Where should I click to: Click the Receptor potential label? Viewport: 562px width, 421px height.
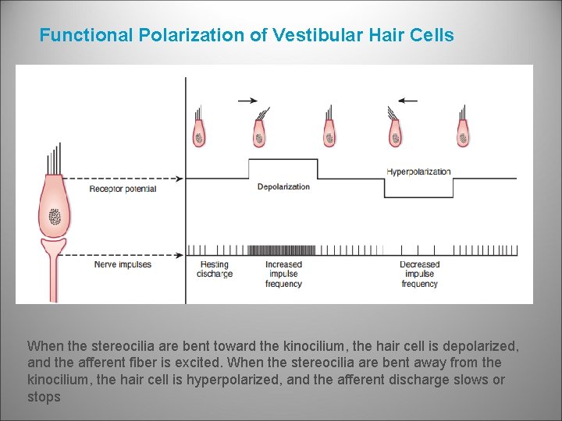point(123,189)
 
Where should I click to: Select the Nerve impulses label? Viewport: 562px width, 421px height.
point(123,264)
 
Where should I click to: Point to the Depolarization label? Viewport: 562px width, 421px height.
point(283,186)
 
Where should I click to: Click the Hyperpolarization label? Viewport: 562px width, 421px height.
point(418,172)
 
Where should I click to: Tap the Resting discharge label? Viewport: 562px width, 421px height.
point(215,269)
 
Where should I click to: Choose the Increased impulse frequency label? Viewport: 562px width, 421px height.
point(283,274)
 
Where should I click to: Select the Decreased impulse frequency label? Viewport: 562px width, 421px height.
point(420,274)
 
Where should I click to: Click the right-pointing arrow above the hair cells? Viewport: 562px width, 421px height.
point(247,100)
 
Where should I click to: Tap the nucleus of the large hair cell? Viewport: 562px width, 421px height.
point(55,216)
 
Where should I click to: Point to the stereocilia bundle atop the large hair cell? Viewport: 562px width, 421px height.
point(54,160)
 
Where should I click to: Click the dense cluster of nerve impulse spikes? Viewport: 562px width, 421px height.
point(280,249)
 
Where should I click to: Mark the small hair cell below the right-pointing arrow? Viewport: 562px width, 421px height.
point(259,131)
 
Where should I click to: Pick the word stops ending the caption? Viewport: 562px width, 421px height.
point(43,397)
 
